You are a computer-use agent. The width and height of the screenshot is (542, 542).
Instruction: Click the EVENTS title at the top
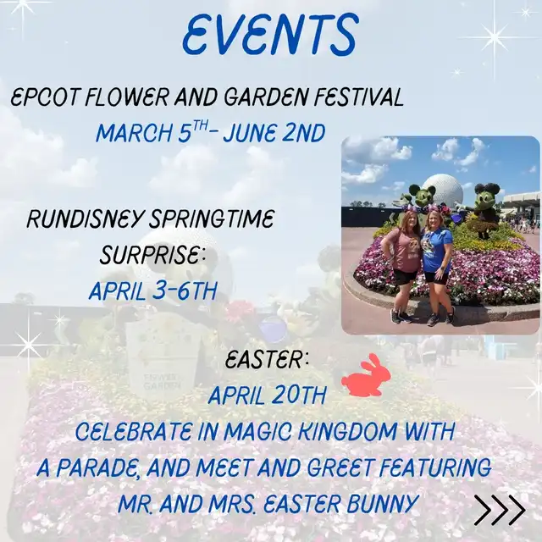click(x=269, y=35)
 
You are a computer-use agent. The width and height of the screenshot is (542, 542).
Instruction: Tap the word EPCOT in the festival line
click(x=45, y=97)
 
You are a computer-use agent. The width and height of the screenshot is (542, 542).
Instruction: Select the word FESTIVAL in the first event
click(x=358, y=97)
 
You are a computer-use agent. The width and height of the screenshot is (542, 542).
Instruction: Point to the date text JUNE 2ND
click(x=274, y=133)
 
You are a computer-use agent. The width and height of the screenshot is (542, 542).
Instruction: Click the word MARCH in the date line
click(x=134, y=133)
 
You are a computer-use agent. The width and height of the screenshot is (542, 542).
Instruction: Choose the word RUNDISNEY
click(x=85, y=218)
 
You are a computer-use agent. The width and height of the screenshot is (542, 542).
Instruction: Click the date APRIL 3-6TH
click(x=152, y=290)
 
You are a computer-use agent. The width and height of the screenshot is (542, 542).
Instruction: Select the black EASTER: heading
click(x=267, y=361)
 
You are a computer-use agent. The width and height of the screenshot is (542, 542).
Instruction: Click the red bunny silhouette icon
click(x=366, y=375)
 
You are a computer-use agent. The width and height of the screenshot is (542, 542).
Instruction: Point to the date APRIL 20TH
click(x=268, y=395)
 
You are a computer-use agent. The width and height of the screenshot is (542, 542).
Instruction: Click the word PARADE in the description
click(x=98, y=467)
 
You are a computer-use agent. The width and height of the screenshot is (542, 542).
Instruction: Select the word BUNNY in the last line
click(x=383, y=504)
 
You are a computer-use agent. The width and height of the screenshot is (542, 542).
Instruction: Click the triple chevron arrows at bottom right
click(x=500, y=510)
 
